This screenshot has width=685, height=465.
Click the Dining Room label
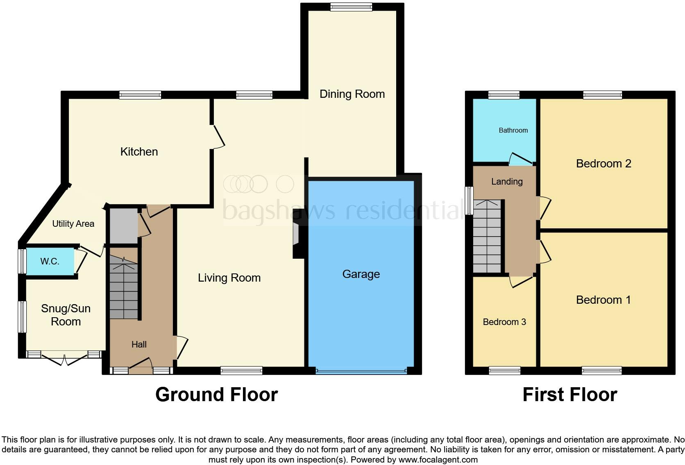(352, 94)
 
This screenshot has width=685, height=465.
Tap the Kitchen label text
(139, 152)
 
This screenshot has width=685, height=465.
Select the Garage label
(361, 274)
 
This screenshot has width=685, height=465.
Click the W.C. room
(50, 261)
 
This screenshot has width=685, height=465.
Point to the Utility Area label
(73, 224)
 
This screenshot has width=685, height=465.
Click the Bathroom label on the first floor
(513, 131)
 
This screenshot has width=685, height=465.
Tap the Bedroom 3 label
(504, 322)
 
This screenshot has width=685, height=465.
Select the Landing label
(507, 182)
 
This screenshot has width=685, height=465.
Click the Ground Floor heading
(216, 395)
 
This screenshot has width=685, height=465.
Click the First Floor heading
(569, 395)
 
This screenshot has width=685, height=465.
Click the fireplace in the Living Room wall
(296, 234)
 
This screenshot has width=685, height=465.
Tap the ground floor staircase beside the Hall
(124, 287)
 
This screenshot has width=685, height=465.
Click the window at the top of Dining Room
(352, 7)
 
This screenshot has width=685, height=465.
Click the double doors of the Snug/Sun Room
(65, 359)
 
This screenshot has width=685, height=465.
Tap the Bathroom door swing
(519, 160)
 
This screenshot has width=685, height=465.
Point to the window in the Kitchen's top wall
(140, 95)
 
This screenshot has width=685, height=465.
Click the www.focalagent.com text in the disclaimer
(438, 460)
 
